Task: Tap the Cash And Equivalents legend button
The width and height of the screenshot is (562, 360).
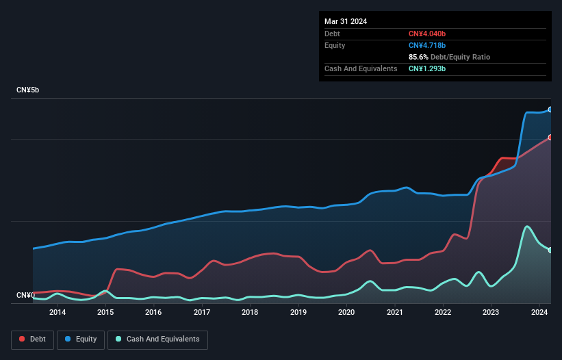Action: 157,339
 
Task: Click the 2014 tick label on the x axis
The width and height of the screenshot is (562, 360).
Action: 58,313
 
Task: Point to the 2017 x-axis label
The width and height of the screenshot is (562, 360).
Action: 202,313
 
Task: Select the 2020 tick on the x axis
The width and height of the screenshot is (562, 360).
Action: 346,313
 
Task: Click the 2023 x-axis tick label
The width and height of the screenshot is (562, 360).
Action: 491,313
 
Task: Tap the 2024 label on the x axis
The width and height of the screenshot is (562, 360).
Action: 539,313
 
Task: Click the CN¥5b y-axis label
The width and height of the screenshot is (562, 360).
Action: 28,90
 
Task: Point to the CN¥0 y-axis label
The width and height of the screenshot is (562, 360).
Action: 25,295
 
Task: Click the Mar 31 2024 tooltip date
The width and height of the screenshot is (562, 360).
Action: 346,21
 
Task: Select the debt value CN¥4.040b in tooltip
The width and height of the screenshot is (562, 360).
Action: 427,34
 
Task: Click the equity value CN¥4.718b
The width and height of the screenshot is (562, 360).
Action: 427,45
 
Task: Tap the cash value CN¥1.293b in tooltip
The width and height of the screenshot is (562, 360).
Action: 427,68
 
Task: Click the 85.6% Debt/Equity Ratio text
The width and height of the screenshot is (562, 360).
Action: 449,57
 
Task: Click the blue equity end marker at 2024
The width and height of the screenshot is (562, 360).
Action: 550,110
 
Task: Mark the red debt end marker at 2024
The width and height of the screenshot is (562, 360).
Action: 550,137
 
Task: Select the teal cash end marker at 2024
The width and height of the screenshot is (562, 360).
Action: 550,250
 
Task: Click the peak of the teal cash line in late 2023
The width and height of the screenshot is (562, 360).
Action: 526,227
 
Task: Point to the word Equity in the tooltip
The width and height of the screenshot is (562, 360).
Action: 335,45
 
